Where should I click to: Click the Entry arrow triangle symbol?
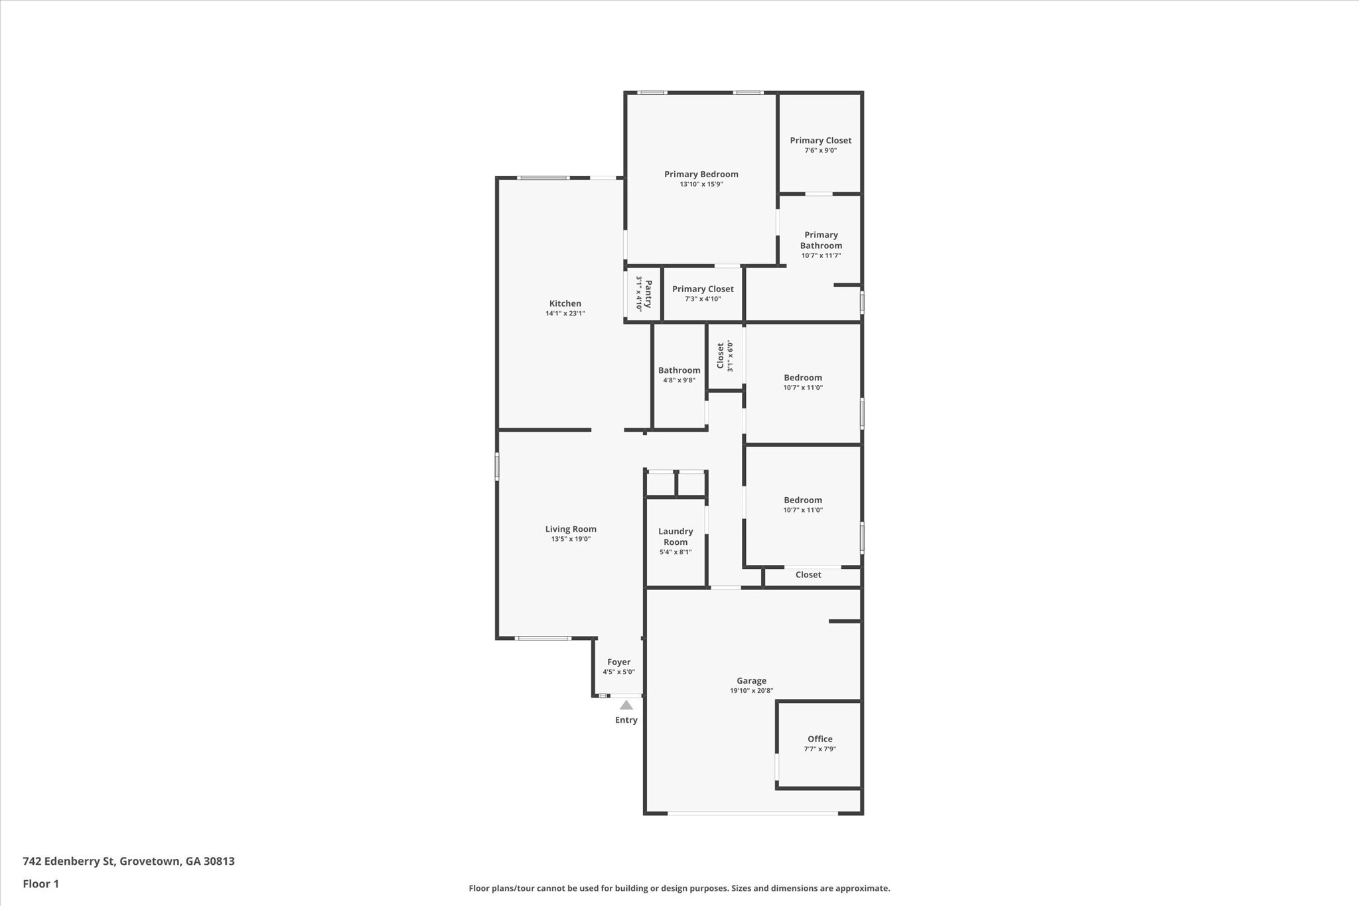click(x=626, y=706)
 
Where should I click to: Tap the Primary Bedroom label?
click(x=701, y=175)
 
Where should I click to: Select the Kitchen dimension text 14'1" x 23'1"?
click(x=565, y=313)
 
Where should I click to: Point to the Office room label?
click(x=820, y=739)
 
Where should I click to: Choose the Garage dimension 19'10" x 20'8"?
click(x=751, y=691)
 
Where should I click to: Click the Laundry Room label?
click(x=676, y=536)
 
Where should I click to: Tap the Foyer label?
click(x=618, y=662)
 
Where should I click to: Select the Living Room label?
click(x=571, y=529)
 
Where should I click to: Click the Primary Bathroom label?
click(x=821, y=240)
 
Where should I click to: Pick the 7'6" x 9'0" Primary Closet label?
click(x=820, y=141)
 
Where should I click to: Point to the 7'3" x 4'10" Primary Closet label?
click(x=703, y=289)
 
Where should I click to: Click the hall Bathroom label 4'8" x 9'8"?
click(x=679, y=370)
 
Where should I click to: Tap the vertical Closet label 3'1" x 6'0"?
click(x=721, y=355)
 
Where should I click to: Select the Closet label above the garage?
click(x=808, y=575)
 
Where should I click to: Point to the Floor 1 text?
click(x=40, y=884)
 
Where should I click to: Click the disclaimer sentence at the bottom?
click(x=679, y=888)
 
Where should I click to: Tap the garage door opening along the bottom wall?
click(x=752, y=812)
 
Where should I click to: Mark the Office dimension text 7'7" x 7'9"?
click(x=820, y=749)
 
